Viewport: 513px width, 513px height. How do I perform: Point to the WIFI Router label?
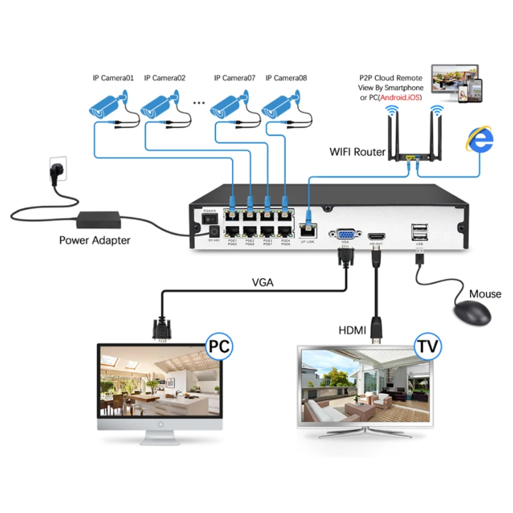(x=357, y=152)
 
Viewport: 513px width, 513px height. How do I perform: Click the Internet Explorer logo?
(x=478, y=139)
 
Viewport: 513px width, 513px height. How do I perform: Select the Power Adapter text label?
(x=94, y=240)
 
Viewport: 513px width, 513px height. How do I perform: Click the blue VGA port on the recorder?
(x=345, y=236)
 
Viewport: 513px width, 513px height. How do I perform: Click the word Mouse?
(x=485, y=294)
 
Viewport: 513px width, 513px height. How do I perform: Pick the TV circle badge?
(x=427, y=347)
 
